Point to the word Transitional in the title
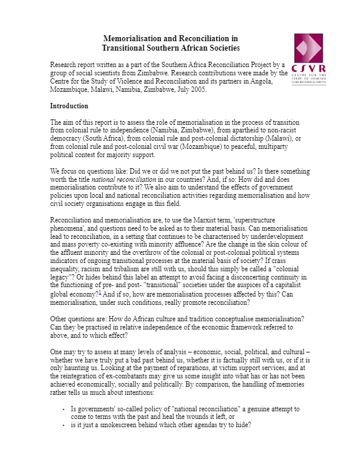point(125,48)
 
